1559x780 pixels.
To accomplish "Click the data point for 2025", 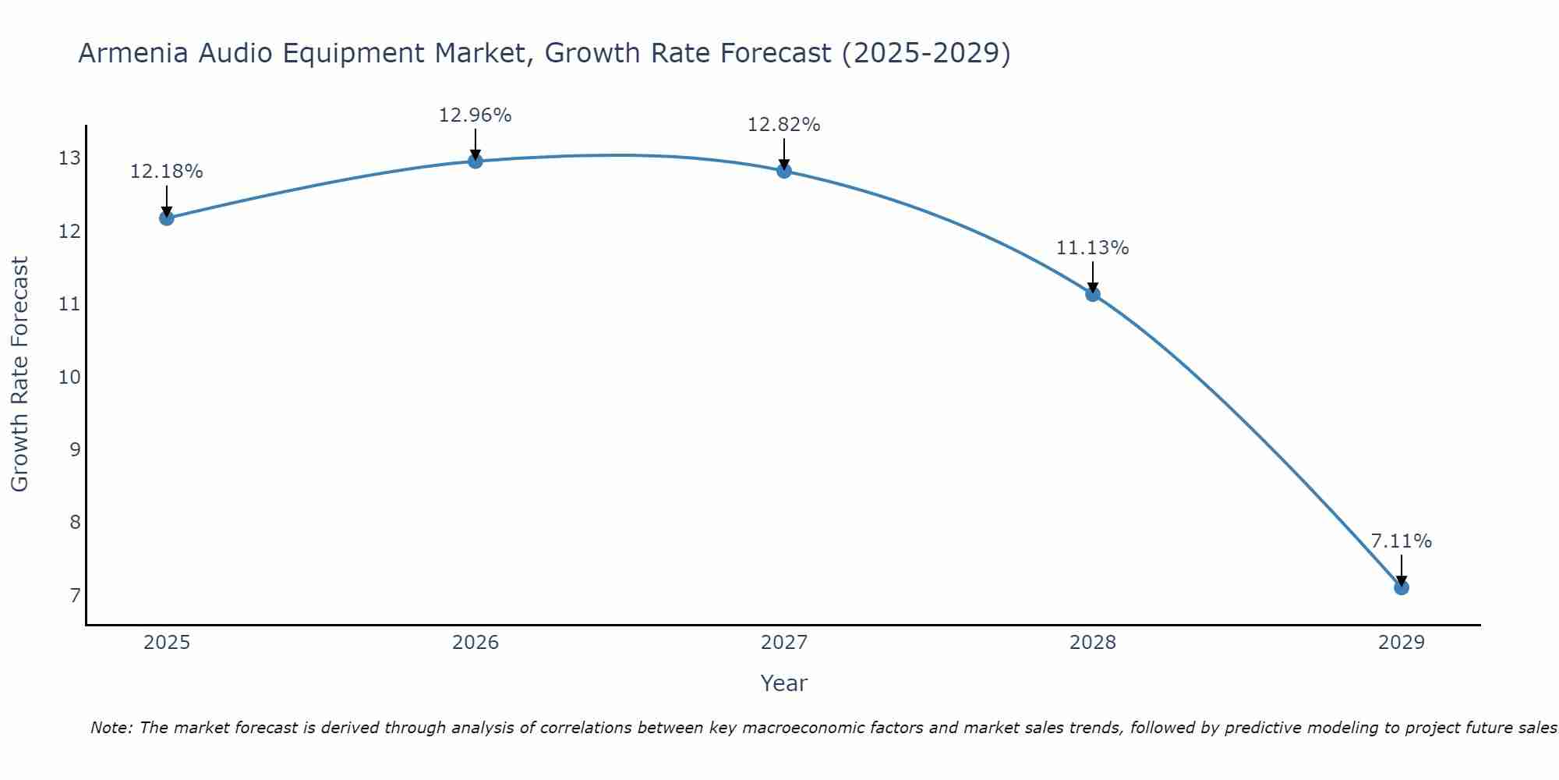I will click(x=166, y=218).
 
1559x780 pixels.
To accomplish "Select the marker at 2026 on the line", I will click(x=475, y=161).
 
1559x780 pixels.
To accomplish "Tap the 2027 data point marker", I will click(x=783, y=171).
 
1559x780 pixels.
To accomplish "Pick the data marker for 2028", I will click(x=1092, y=294).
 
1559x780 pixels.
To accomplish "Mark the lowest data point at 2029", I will click(x=1401, y=587).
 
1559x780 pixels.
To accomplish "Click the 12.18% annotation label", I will click(x=166, y=172).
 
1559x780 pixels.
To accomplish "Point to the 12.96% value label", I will click(x=475, y=115).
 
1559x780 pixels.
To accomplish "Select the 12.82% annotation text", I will click(x=783, y=125).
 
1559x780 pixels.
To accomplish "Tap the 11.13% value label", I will click(x=1092, y=248).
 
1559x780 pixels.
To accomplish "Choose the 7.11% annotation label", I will click(x=1401, y=541).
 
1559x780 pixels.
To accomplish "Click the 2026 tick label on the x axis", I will click(x=475, y=643).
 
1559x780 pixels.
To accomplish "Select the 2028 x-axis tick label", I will click(x=1092, y=643).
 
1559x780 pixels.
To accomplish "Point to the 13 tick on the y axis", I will click(x=69, y=158).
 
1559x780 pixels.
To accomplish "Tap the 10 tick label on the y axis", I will click(x=69, y=378).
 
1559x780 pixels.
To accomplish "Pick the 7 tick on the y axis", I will click(x=75, y=596).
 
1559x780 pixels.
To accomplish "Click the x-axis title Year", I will click(x=783, y=683).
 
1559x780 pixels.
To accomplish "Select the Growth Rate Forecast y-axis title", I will click(x=19, y=374).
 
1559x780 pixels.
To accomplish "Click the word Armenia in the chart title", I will click(x=133, y=53).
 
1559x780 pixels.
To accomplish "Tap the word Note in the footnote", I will click(x=111, y=728).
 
